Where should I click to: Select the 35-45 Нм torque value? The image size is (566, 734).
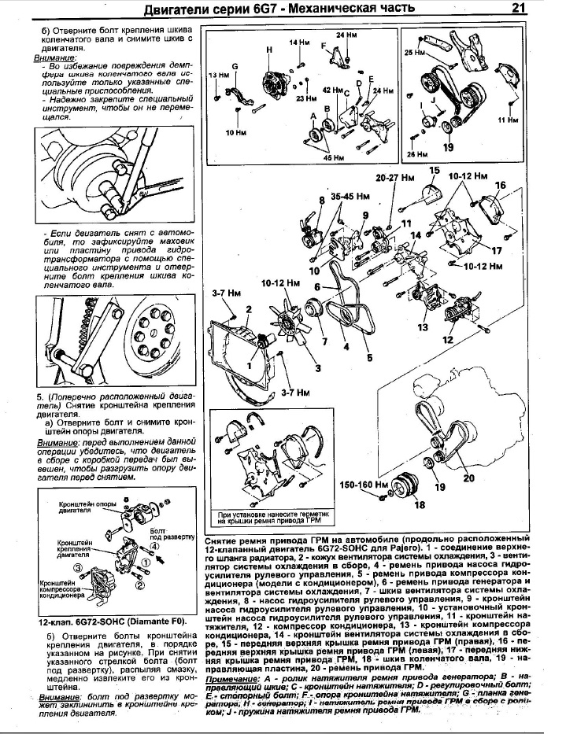point(351,195)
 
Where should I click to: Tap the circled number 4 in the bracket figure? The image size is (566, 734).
point(155,545)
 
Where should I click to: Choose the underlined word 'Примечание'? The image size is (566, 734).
point(231,678)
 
